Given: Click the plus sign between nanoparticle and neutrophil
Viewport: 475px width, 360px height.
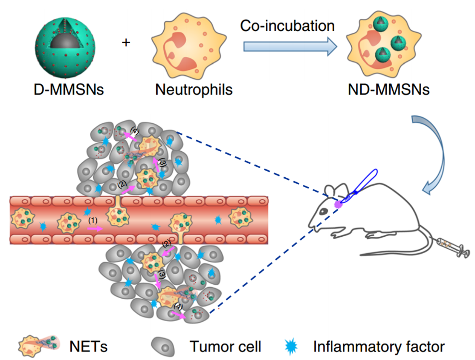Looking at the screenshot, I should [x=126, y=42].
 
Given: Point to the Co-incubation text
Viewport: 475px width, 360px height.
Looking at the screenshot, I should [x=287, y=25].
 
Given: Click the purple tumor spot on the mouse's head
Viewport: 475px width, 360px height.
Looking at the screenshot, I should [x=339, y=203].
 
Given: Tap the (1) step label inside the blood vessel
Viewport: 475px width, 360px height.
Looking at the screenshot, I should [x=92, y=220].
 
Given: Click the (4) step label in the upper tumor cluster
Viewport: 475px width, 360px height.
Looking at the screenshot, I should [x=134, y=130].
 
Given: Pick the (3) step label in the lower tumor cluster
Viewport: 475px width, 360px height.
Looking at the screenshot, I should [x=162, y=274].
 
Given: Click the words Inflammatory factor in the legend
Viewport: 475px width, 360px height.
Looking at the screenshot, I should [x=379, y=345].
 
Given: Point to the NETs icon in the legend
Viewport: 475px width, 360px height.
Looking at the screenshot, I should [x=37, y=345].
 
